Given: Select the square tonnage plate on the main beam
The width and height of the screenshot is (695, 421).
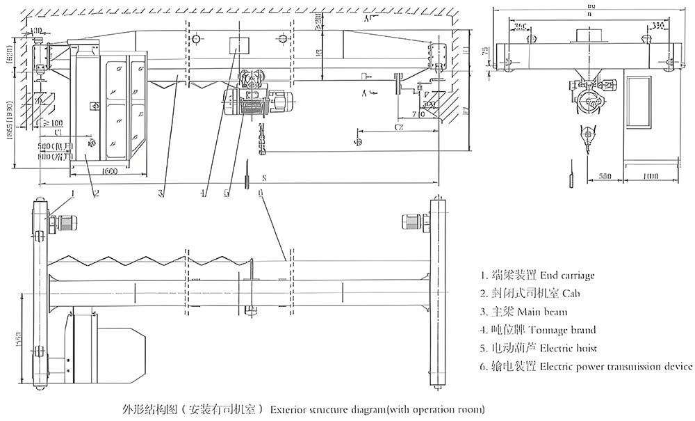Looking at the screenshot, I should coord(238,46).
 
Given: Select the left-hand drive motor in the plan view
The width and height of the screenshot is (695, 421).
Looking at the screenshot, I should coord(66,223).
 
